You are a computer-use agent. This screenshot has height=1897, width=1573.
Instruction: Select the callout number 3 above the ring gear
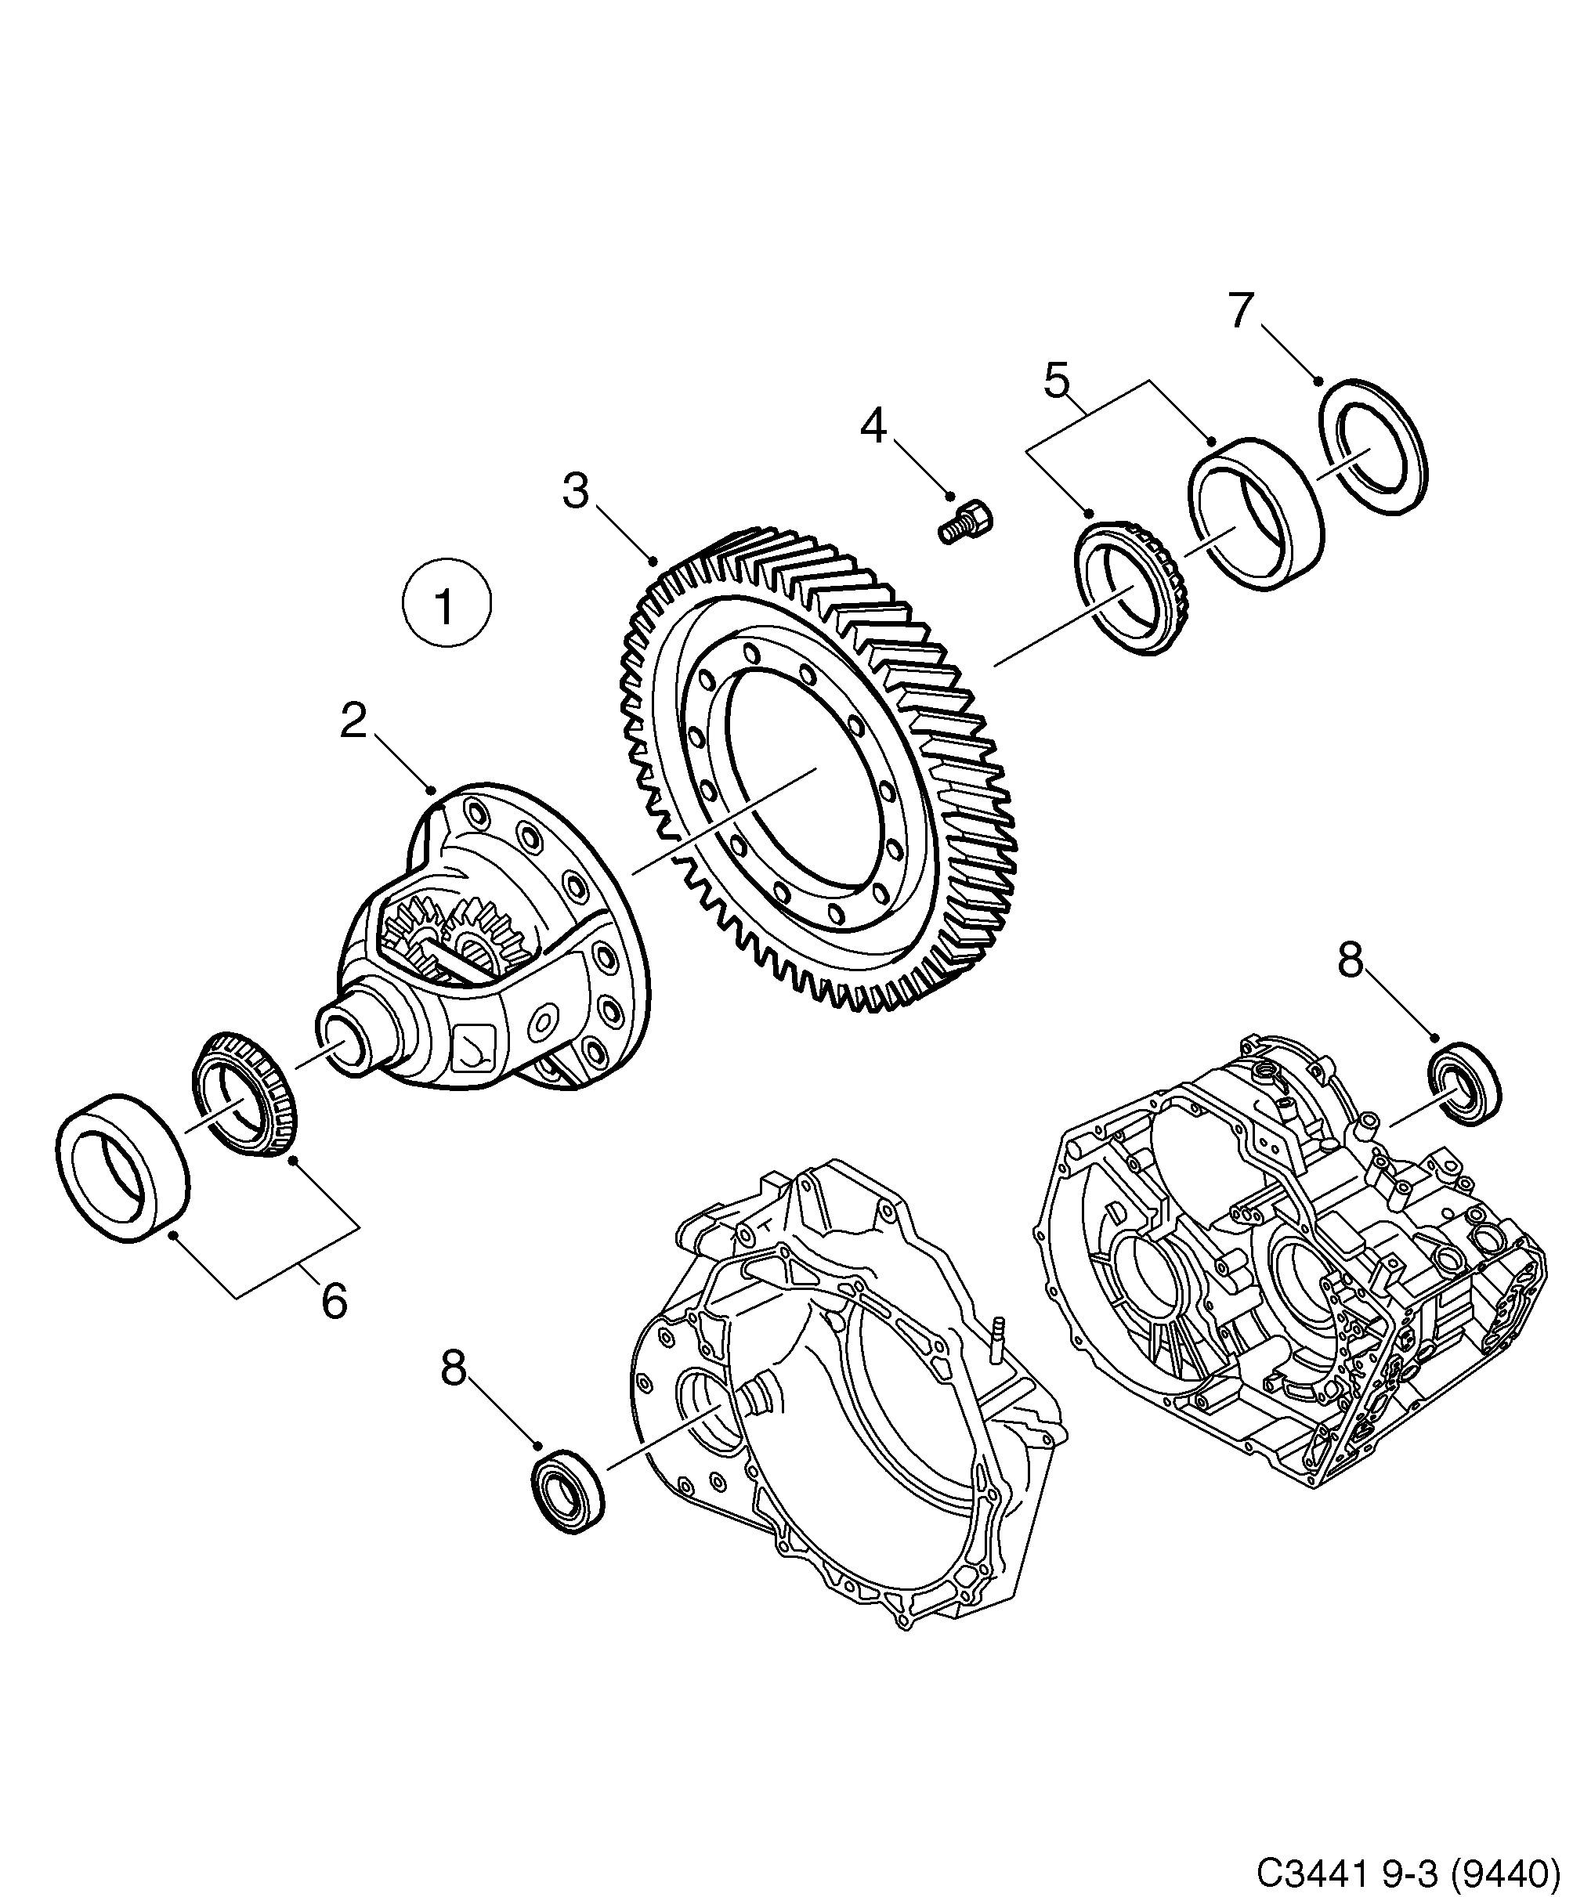[x=576, y=491]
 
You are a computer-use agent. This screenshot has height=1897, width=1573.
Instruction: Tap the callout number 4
[x=872, y=425]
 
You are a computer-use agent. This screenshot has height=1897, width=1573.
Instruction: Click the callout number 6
[x=334, y=1302]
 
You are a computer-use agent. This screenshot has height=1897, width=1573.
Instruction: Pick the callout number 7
[x=1241, y=311]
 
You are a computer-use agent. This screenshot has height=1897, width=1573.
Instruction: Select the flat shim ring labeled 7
[x=1373, y=447]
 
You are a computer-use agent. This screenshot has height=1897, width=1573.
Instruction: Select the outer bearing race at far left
[x=122, y=1168]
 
